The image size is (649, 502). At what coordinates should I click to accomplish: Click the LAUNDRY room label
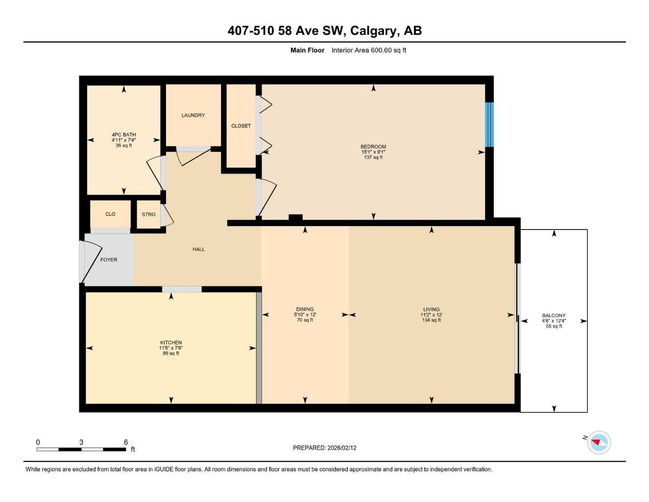pos(193,115)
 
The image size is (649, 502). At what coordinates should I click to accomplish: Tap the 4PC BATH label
pos(123,135)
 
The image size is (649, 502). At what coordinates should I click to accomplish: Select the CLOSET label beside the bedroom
pos(241,126)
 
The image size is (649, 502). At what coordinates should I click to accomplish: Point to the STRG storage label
pos(148,215)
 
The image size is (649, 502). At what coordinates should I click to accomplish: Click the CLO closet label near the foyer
pos(110,214)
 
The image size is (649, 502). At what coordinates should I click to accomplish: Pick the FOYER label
pos(109,260)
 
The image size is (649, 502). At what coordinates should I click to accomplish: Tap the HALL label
pos(198,250)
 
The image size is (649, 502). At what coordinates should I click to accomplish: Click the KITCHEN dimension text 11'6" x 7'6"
pos(171,348)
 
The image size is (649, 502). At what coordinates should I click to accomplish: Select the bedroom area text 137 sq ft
pos(373,157)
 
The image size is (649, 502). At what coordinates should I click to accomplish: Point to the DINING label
pos(305,310)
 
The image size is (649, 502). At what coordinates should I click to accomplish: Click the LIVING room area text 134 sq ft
pos(431,320)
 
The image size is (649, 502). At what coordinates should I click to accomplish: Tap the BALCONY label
pos(553,316)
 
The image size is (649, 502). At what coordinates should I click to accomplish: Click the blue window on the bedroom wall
pos(489,125)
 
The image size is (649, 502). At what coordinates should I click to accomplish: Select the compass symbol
pos(599,442)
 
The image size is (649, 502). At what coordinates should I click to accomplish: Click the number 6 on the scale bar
pos(126,442)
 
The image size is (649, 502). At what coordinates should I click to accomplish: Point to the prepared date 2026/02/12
pos(341,448)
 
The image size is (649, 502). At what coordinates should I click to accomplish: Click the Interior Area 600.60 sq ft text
pos(368,50)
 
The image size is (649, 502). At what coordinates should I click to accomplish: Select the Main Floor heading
pos(307,50)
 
